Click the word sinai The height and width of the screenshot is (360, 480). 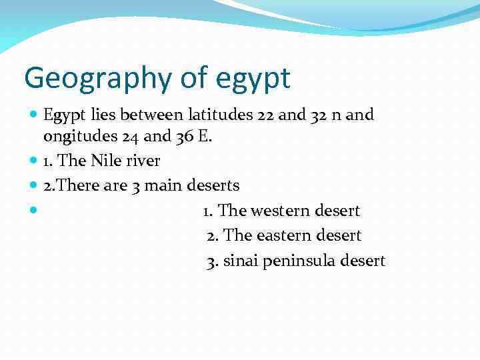click(241, 261)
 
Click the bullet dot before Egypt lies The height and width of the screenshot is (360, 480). click(34, 115)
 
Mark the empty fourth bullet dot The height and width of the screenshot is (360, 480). click(34, 211)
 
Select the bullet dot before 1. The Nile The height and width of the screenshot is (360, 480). click(34, 161)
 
